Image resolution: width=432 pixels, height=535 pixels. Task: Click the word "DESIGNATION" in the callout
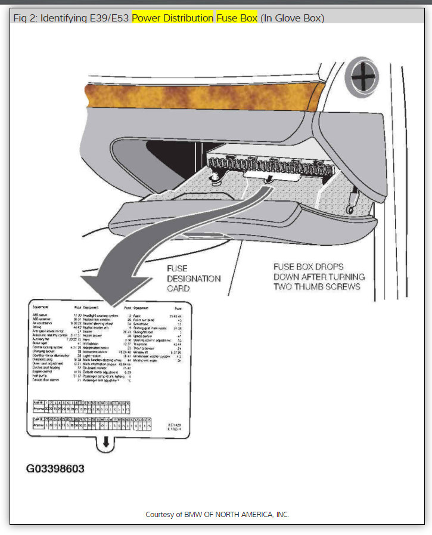[194, 279]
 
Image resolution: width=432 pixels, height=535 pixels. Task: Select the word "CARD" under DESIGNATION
[179, 289]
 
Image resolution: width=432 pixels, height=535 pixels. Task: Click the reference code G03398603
[55, 468]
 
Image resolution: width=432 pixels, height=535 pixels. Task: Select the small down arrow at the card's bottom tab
[105, 443]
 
